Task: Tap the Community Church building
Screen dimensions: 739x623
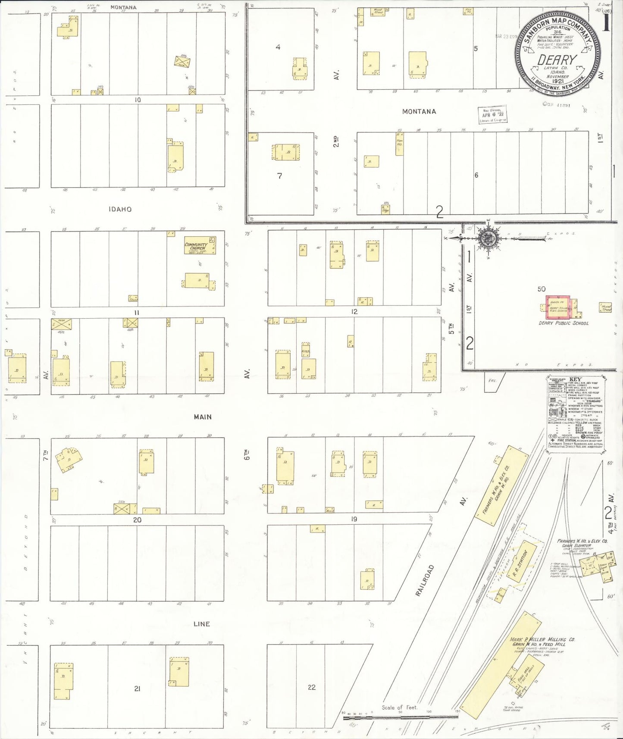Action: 200,245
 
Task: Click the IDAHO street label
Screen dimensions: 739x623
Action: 120,209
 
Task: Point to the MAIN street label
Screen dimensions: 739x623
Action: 203,417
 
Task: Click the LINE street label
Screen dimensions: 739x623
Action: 201,624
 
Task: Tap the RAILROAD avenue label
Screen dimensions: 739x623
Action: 425,580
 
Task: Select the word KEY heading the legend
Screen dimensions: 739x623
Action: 575,379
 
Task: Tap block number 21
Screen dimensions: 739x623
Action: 137,689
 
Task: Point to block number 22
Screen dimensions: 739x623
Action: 312,687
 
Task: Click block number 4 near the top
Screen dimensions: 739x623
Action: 278,47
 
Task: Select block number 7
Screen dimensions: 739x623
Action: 279,175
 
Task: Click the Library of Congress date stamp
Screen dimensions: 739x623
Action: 492,115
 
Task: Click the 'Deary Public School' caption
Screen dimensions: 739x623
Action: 563,323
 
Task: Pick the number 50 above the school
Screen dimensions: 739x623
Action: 542,289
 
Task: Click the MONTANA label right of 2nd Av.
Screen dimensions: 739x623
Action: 419,112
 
